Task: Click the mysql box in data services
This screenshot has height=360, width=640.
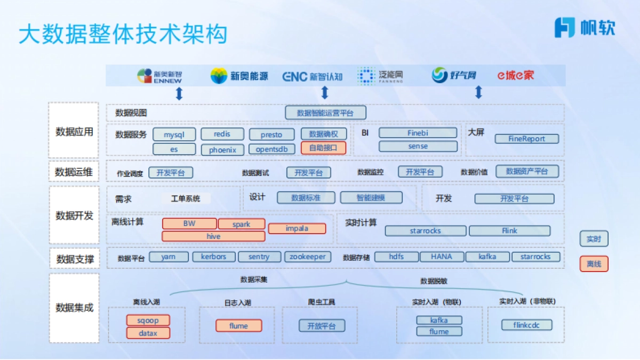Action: (x=174, y=134)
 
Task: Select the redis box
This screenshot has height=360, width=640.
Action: (x=222, y=134)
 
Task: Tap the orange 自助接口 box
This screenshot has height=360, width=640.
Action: (x=323, y=148)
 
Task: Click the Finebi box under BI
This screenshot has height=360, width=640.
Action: (x=418, y=133)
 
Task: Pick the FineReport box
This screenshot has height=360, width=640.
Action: (x=526, y=139)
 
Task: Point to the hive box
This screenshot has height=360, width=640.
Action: (x=213, y=236)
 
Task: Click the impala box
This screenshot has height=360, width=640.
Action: (x=297, y=228)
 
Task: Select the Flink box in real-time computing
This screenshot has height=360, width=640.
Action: (x=509, y=231)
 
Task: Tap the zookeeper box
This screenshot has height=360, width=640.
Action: (x=307, y=257)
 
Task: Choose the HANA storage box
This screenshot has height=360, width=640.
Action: (x=441, y=257)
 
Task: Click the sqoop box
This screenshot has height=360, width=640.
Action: (x=148, y=320)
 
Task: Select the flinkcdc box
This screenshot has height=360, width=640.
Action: (x=526, y=325)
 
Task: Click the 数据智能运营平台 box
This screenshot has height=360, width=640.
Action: (x=325, y=113)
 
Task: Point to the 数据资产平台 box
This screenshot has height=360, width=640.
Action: (x=527, y=171)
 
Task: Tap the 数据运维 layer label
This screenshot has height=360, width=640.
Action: (x=74, y=172)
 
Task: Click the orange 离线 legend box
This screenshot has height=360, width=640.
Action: (x=594, y=263)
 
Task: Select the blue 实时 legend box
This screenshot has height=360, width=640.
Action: (x=594, y=239)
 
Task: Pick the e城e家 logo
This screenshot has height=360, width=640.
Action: (x=515, y=76)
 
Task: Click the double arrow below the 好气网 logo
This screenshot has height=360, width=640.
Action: (x=478, y=93)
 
